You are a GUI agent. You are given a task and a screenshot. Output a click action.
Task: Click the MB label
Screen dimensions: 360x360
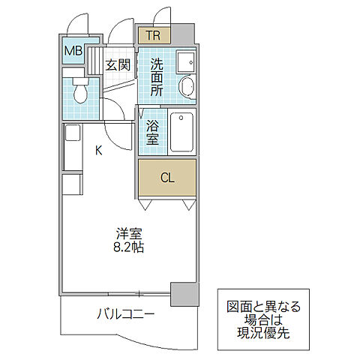(73, 51)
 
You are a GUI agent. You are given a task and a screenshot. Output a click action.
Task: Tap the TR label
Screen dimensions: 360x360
(153, 35)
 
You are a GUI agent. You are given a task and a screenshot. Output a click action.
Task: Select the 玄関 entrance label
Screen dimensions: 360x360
(118, 64)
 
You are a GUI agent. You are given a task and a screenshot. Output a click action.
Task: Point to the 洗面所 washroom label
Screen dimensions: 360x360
(156, 77)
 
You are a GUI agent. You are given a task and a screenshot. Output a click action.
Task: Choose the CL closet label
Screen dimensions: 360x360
(168, 178)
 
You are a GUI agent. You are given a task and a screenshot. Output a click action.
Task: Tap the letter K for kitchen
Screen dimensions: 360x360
(98, 149)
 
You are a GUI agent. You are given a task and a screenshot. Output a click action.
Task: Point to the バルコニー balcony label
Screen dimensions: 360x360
(125, 313)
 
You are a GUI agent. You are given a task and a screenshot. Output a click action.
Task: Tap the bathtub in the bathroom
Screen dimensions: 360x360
(182, 131)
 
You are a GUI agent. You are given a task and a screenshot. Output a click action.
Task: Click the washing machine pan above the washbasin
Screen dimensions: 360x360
(186, 62)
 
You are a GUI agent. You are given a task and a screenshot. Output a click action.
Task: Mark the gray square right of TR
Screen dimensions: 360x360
(185, 34)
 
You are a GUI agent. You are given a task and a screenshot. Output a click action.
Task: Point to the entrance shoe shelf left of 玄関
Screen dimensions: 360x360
(94, 60)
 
